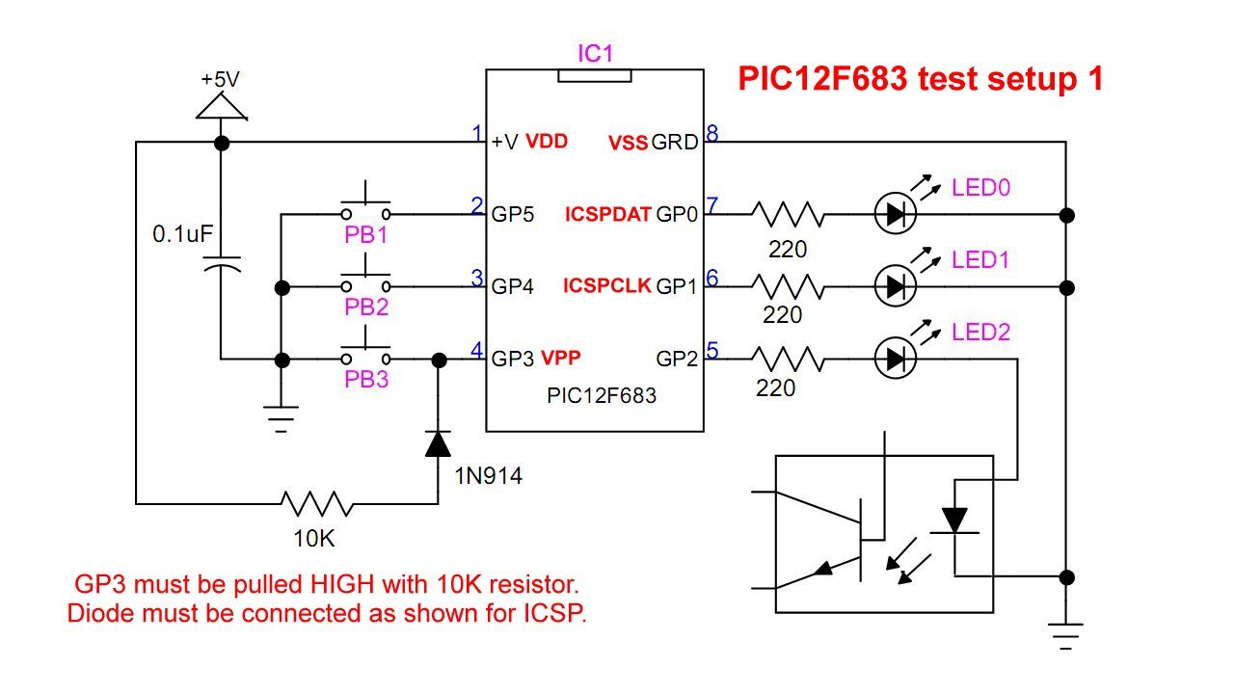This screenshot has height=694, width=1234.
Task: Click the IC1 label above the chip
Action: point(595,53)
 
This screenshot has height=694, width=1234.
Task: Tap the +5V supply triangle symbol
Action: point(222,106)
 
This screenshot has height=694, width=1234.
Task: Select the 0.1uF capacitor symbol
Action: point(222,264)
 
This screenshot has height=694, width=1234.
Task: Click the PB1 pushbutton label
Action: point(365,235)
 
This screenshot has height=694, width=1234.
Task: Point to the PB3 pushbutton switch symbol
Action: point(365,352)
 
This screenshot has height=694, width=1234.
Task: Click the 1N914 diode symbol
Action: point(438,444)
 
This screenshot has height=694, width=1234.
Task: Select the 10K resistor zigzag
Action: point(317,503)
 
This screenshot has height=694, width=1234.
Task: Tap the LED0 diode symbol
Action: point(896,214)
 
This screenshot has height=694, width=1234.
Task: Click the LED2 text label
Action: point(981,333)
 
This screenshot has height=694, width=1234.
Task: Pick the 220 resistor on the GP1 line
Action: point(788,287)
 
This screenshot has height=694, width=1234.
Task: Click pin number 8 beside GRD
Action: point(712,133)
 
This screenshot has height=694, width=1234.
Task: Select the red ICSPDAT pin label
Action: point(608,214)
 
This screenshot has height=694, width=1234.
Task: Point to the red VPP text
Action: point(561,358)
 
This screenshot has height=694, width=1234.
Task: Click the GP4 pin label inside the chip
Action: point(512,286)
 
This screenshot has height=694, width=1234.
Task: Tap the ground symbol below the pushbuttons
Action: point(281,418)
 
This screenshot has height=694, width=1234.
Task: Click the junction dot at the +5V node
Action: point(222,144)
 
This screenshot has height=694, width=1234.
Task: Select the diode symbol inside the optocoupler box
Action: point(954,520)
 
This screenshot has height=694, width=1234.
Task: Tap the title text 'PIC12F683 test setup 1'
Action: point(921,78)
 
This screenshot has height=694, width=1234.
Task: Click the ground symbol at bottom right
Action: point(1066,636)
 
